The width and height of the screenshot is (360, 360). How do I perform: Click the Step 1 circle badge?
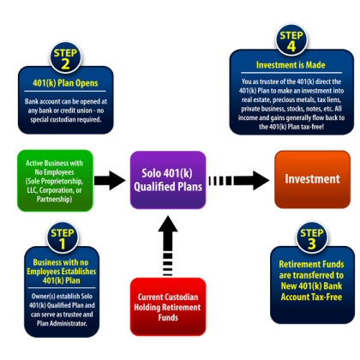(62, 237)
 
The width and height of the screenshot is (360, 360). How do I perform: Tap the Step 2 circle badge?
(65, 58)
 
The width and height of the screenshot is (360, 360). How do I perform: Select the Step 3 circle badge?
(312, 237)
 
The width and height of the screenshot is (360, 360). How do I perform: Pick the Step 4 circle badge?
(291, 40)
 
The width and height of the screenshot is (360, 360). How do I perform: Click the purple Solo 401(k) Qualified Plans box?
(168, 180)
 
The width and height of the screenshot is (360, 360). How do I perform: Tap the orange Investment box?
(312, 179)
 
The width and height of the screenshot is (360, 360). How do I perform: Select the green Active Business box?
(55, 181)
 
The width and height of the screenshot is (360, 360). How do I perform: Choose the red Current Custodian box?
(168, 307)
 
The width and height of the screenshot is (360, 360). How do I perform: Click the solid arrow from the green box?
(110, 181)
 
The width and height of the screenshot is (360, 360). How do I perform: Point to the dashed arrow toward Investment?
(239, 181)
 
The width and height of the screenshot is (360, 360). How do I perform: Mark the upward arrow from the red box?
(168, 246)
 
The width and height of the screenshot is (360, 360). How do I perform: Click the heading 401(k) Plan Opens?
(65, 83)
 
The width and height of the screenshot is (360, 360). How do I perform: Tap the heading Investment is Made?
(291, 65)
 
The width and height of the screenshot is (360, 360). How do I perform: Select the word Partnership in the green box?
(54, 199)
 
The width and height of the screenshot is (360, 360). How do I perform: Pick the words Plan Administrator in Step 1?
(62, 323)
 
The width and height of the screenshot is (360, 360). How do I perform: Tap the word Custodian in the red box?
(181, 297)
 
